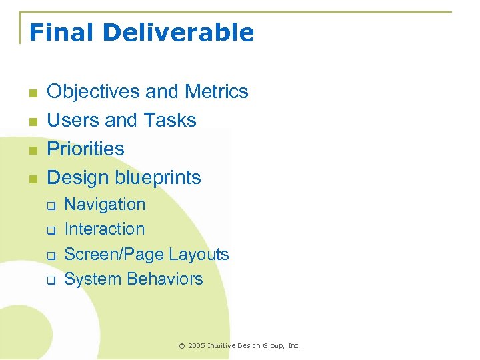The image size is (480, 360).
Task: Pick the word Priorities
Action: click(85, 149)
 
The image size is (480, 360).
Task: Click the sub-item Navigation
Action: click(105, 204)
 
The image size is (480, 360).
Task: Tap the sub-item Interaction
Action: click(104, 229)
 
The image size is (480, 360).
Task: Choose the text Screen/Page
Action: click(114, 254)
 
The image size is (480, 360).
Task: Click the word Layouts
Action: click(199, 254)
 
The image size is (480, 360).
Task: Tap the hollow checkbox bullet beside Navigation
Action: click(50, 206)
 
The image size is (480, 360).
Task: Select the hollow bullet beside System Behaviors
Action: click(50, 281)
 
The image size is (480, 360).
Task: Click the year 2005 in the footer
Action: click(197, 345)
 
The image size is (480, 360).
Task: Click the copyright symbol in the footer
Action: click(181, 345)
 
